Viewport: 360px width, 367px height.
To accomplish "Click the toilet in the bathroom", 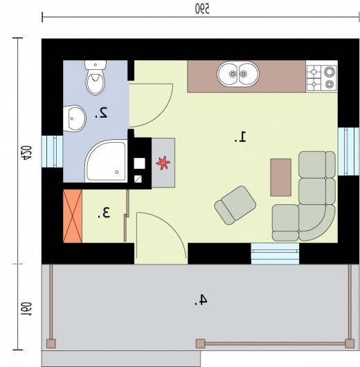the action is pos(96,78).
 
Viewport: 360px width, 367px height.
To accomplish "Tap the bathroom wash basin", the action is pos(75,118).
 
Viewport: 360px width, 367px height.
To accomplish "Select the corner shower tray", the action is pos(106,161).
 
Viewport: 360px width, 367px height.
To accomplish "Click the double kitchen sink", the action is pos(238,74).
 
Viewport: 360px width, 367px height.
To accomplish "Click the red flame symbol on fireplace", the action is pos(163,163).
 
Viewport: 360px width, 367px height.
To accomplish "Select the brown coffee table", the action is pos(280,177).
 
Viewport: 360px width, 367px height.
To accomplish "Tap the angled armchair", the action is pos(235,205).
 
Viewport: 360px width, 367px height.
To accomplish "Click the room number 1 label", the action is pos(241,137).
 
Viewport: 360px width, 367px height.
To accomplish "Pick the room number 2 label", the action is pos(101,113).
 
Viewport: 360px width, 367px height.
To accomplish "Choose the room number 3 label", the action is pos(104,213).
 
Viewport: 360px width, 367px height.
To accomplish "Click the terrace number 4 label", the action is pos(201,300).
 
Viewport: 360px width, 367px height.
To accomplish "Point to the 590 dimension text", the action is pos(202,9).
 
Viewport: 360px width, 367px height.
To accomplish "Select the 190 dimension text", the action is pos(26,310).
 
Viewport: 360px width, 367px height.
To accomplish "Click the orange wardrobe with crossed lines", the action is pos(73,216).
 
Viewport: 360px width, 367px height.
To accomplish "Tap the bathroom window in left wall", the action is pos(52,152).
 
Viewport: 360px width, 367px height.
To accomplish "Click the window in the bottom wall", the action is pos(275,253).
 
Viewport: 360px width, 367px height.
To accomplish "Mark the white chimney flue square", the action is pos(140,163).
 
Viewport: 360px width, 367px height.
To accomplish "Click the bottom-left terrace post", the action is pos(51,343).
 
